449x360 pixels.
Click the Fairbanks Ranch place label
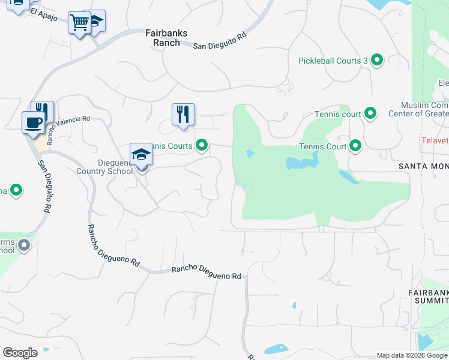163,38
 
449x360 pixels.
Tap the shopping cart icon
79,23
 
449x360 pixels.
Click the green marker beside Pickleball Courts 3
377,60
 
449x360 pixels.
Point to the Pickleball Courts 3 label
333,61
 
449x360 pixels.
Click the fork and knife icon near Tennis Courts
183,114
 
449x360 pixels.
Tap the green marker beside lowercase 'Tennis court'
370,113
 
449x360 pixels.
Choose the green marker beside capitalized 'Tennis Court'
355,146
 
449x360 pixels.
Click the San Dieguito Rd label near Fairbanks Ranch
220,40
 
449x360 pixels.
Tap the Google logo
20,353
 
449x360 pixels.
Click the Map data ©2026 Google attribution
412,355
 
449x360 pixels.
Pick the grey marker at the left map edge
24,245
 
